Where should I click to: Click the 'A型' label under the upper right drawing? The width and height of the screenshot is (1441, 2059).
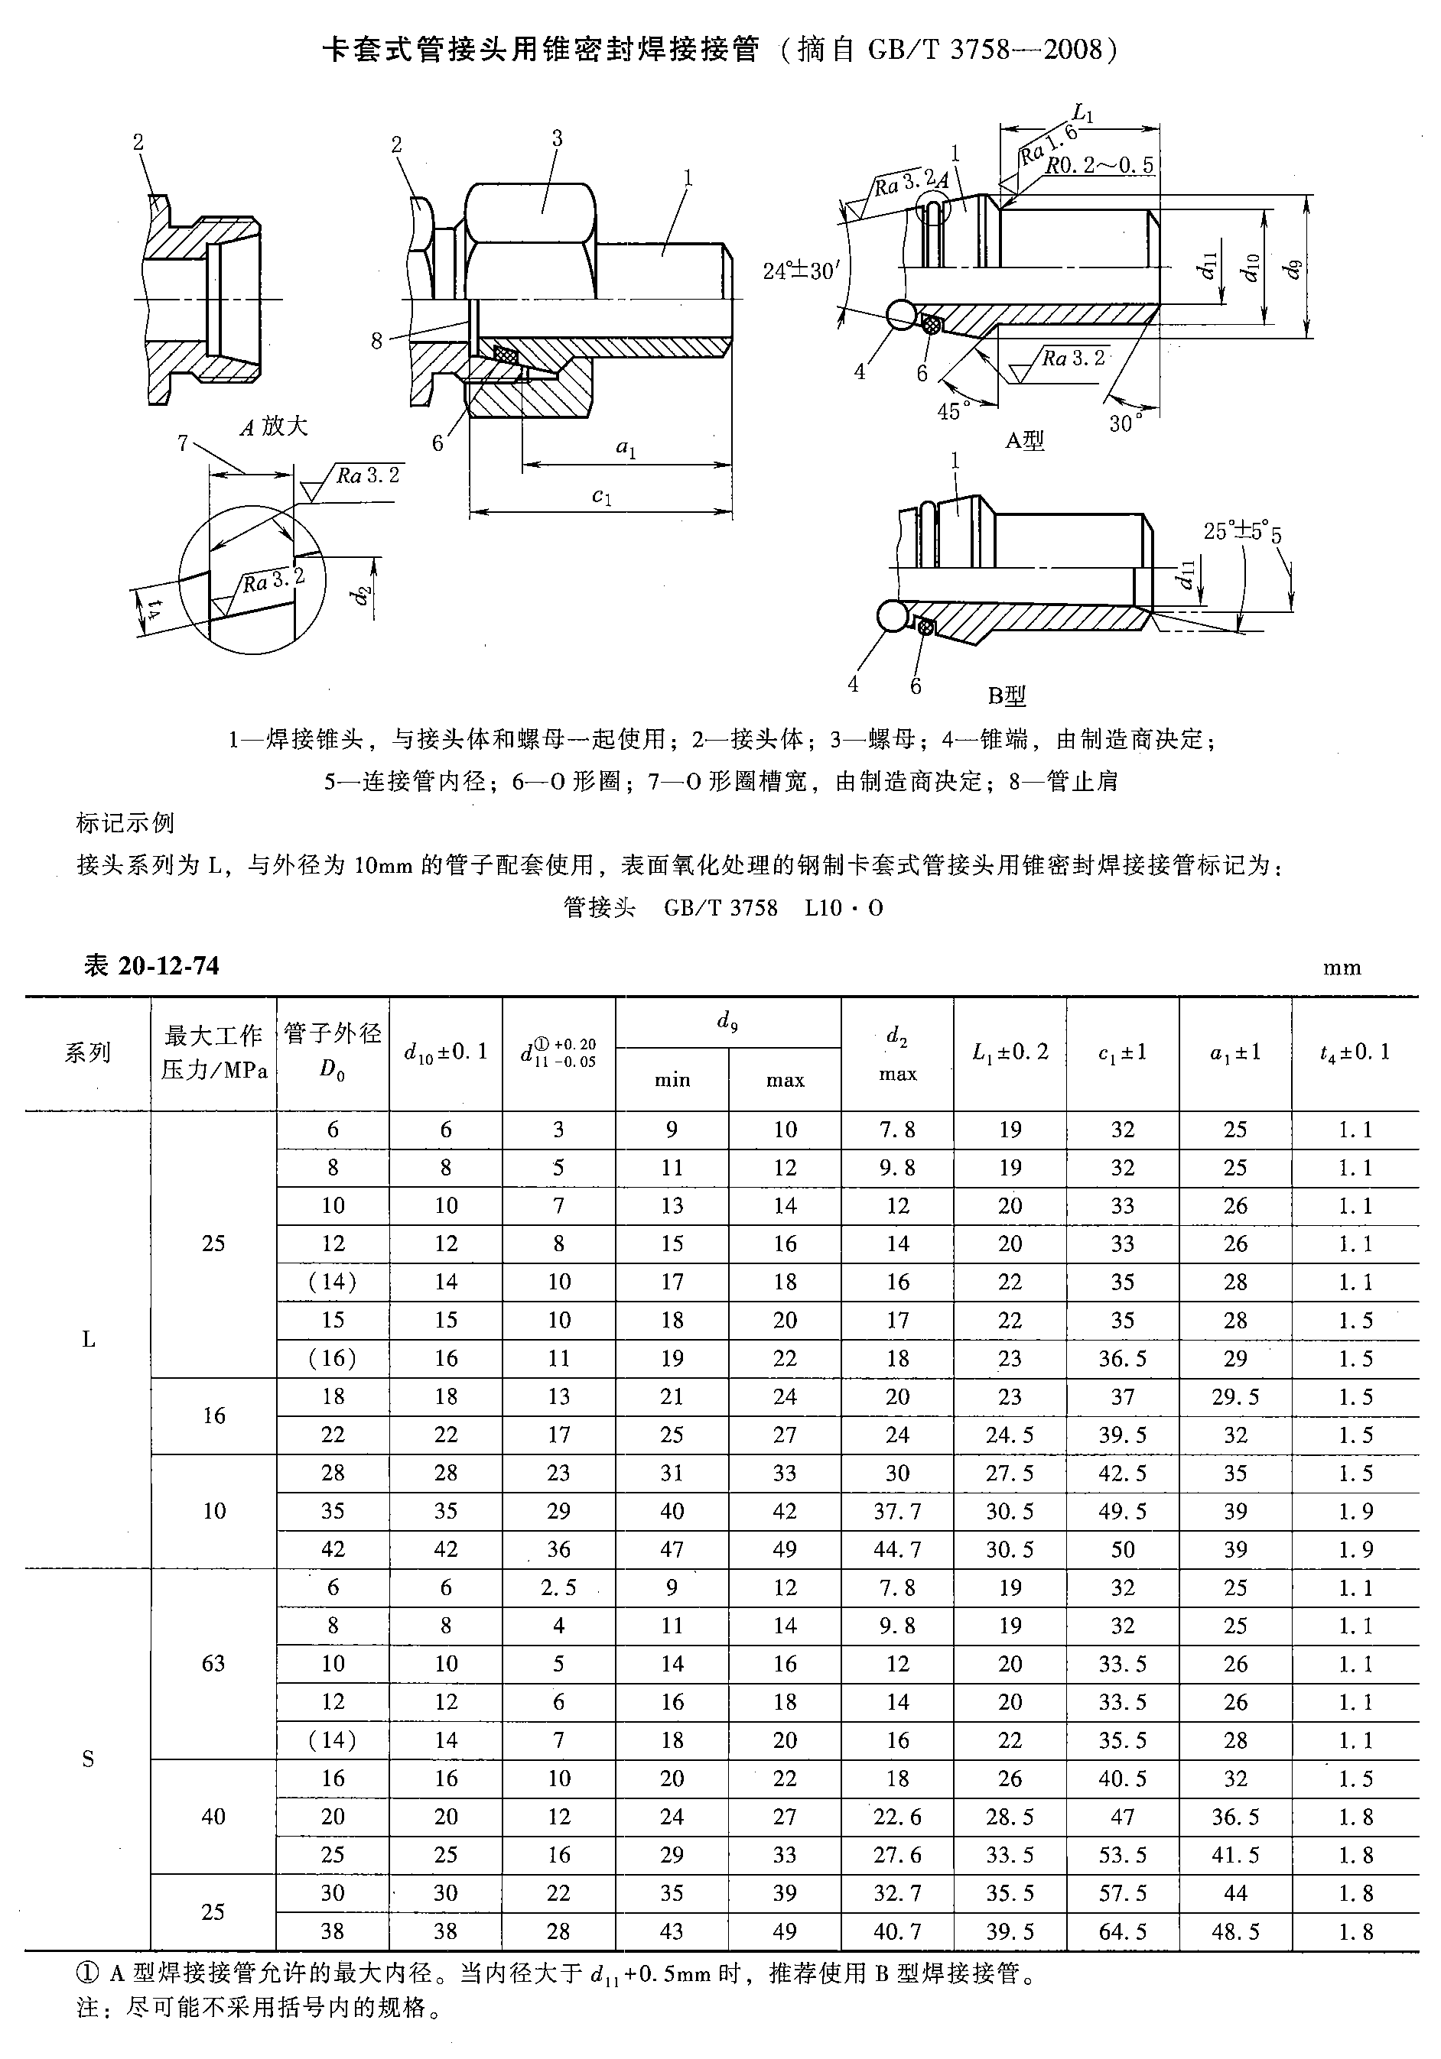click(x=1024, y=440)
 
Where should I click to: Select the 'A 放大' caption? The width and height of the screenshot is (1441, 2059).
click(x=274, y=426)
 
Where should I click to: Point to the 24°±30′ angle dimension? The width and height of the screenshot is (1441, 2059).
click(x=798, y=270)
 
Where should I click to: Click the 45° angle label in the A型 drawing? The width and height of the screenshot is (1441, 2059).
click(x=954, y=410)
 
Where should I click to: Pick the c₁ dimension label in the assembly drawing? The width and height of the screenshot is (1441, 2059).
click(x=602, y=496)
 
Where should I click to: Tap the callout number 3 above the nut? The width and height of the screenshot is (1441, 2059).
click(x=557, y=138)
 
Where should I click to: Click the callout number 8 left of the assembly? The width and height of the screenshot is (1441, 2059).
click(x=377, y=341)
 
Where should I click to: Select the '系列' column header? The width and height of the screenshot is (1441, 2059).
click(x=87, y=1052)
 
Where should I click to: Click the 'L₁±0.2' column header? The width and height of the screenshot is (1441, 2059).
click(x=1010, y=1052)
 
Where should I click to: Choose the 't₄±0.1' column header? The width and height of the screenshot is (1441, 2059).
click(x=1354, y=1052)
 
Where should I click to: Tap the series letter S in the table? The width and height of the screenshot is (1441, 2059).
click(x=88, y=1759)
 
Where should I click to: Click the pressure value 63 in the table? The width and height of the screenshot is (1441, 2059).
click(x=213, y=1664)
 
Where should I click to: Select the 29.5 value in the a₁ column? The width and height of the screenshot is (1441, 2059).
click(x=1234, y=1396)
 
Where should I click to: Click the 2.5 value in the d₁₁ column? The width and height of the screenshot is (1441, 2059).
click(x=558, y=1587)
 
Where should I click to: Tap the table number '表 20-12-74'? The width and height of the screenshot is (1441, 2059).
click(x=151, y=965)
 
